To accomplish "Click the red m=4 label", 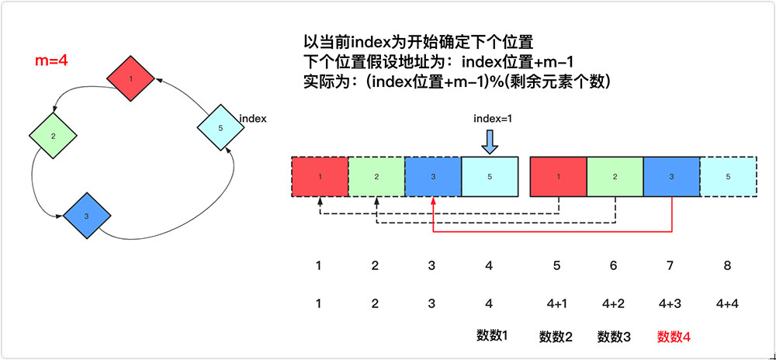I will (x=53, y=60).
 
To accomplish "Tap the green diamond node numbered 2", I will (x=53, y=136).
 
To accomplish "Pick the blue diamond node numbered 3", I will (x=88, y=216).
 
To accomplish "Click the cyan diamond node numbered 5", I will (x=222, y=128).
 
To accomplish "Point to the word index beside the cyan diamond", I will (x=253, y=119).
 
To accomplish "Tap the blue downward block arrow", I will (x=490, y=141).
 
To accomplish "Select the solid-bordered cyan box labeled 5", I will (x=489, y=176).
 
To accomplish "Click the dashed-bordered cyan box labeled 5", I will (x=728, y=176).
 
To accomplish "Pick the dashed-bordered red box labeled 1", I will (x=320, y=176).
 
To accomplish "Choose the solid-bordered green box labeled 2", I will (x=615, y=176).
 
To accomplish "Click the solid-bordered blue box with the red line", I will (x=671, y=176).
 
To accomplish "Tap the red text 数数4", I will (x=673, y=337).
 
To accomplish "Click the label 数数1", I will (x=491, y=336).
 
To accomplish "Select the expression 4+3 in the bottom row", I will (x=670, y=305).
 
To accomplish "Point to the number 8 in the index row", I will (x=727, y=266).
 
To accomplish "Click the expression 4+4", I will (x=727, y=305).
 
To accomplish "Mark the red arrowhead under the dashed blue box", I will (x=433, y=200).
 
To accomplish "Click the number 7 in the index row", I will (x=670, y=266).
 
